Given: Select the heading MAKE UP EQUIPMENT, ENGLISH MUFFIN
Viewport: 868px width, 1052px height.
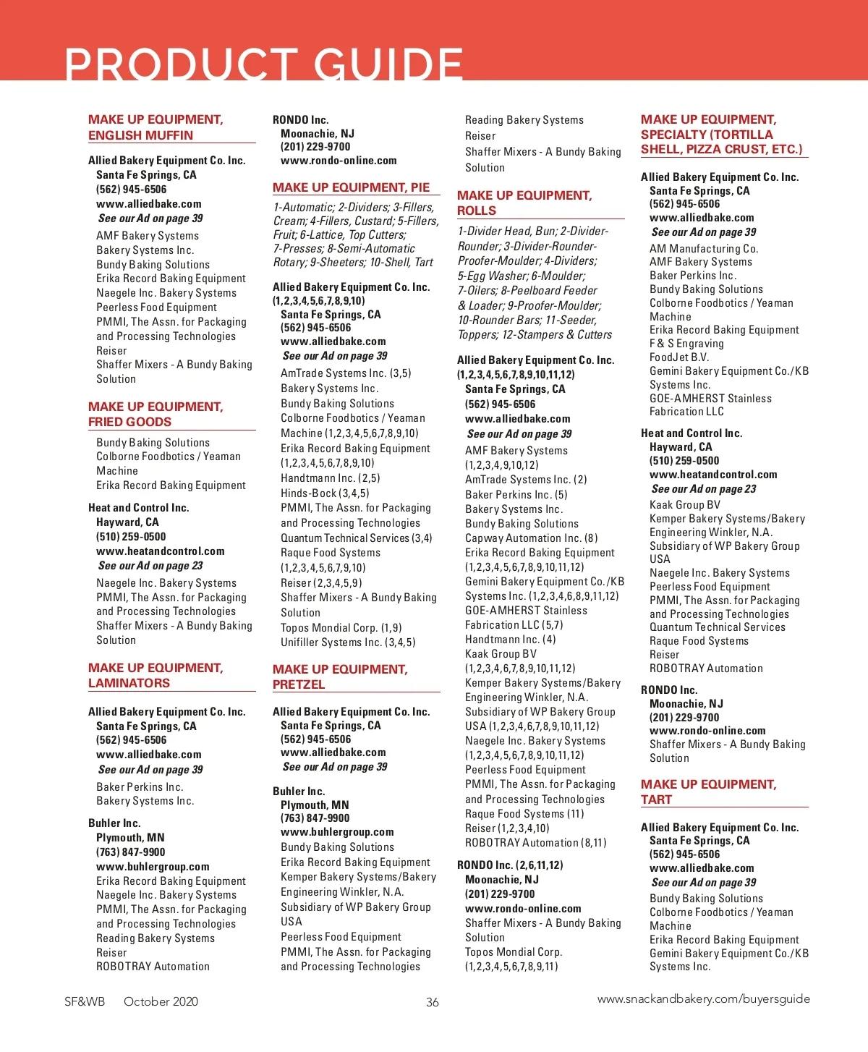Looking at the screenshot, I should tap(156, 127).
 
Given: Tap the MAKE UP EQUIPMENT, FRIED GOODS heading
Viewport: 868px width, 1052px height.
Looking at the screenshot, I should tap(156, 414).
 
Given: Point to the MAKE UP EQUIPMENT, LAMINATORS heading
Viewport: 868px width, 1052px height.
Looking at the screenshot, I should tap(156, 675).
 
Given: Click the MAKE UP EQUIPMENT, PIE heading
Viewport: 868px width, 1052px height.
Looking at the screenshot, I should tap(351, 187).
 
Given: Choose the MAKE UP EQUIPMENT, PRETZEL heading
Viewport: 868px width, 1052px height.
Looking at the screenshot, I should tap(340, 676).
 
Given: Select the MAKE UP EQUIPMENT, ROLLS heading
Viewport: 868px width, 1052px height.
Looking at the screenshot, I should tap(524, 203).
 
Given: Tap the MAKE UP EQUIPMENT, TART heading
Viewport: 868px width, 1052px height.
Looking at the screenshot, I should tap(708, 792).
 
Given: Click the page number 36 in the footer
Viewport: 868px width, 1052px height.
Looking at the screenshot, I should tap(433, 1002).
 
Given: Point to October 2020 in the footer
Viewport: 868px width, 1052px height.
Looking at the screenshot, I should tap(161, 1001).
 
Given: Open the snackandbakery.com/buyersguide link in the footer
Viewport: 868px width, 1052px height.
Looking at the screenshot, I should tap(703, 999).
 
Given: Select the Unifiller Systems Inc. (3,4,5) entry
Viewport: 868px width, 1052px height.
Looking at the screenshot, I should tap(348, 642).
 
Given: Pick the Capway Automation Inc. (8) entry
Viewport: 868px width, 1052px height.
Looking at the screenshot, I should tap(531, 538).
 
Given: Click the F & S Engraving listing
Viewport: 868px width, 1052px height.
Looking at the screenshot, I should tap(686, 344).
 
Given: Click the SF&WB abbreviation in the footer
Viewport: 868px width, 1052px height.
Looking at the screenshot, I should tap(85, 1001).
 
